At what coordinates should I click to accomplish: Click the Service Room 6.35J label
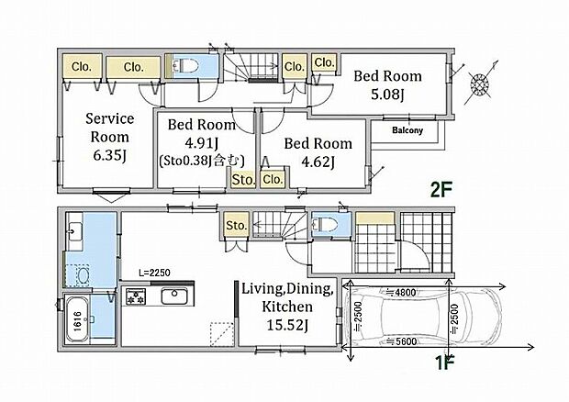pyautogui.click(x=109, y=137)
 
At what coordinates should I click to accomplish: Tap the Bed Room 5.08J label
pyautogui.click(x=387, y=85)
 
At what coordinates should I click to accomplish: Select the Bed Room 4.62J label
pyautogui.click(x=318, y=152)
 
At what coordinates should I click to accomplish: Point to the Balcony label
pyautogui.click(x=407, y=130)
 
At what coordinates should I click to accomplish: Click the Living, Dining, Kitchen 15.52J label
pyautogui.click(x=287, y=307)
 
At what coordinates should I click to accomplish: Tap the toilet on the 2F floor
pyautogui.click(x=185, y=66)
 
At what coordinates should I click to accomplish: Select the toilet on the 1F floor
pyautogui.click(x=325, y=225)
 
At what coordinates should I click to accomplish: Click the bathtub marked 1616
pyautogui.click(x=76, y=319)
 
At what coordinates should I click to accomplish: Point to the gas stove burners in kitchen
pyautogui.click(x=136, y=296)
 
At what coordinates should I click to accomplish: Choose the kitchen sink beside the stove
pyautogui.click(x=174, y=296)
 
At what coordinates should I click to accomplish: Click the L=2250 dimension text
pyautogui.click(x=154, y=273)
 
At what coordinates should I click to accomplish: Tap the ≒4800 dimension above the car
pyautogui.click(x=401, y=292)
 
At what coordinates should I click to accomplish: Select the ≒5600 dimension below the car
pyautogui.click(x=401, y=341)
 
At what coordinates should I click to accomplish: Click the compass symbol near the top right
pyautogui.click(x=480, y=84)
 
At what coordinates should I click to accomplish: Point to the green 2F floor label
pyautogui.click(x=441, y=189)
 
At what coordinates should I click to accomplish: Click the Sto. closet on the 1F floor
pyautogui.click(x=237, y=225)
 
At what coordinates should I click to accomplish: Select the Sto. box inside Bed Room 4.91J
pyautogui.click(x=243, y=179)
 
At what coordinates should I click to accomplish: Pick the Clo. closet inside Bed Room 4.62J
pyautogui.click(x=273, y=179)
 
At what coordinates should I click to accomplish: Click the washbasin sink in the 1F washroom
pyautogui.click(x=75, y=230)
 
